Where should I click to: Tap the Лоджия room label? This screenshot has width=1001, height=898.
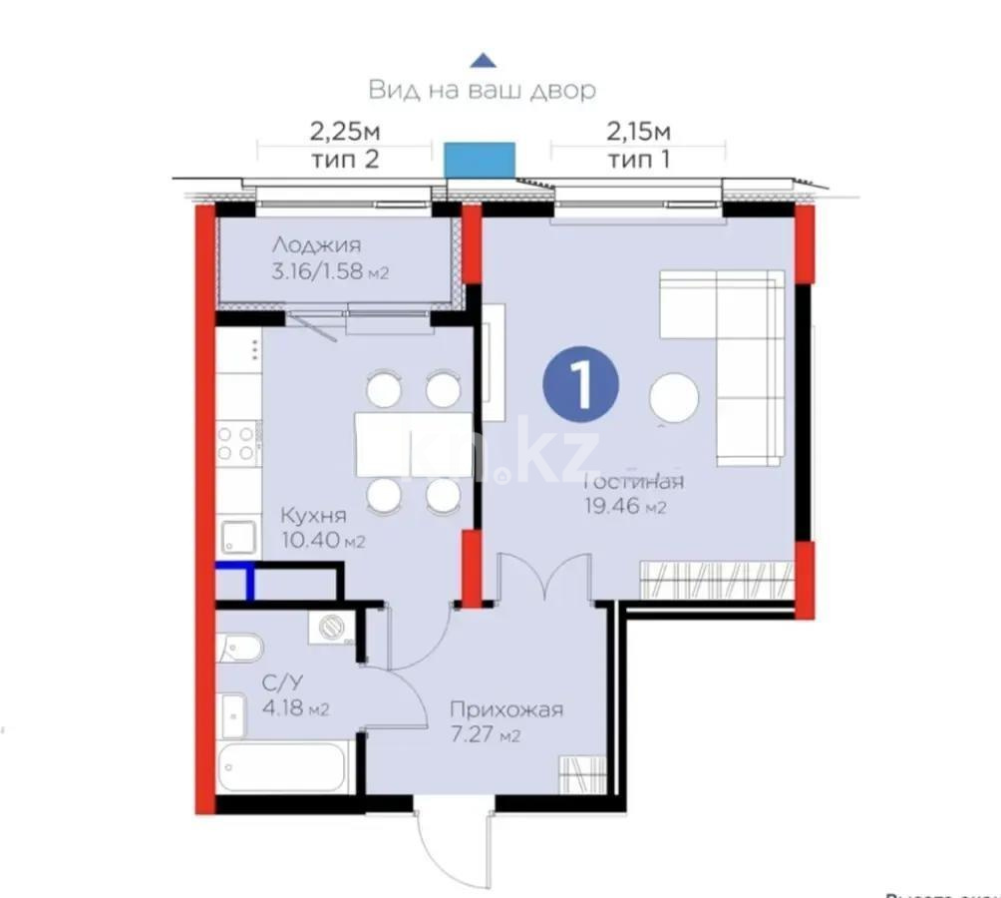pos(317,244)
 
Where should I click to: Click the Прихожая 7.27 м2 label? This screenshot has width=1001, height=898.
pos(506,722)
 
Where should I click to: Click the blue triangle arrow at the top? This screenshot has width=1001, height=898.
pos(483,60)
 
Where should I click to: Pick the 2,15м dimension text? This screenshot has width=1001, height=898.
pos(638,131)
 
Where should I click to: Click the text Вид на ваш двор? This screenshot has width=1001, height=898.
pos(483,90)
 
